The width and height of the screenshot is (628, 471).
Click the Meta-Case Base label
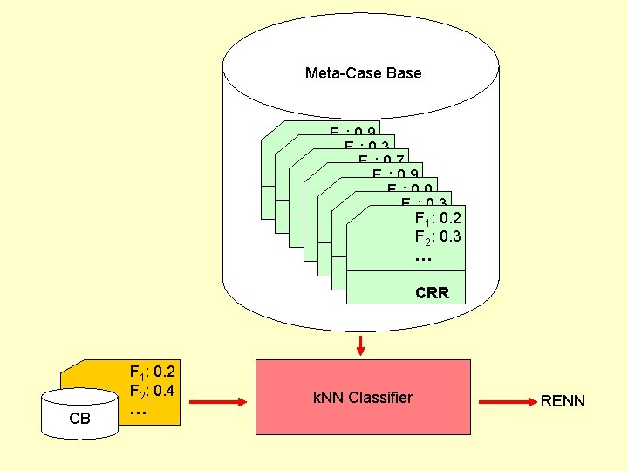point(363,73)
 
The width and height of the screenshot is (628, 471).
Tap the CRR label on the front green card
point(432,293)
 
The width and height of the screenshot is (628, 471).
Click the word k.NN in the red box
point(328,399)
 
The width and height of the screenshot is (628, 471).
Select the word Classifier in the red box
point(379,399)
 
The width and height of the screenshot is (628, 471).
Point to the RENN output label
point(563,401)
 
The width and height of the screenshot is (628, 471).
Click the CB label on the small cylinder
point(79,419)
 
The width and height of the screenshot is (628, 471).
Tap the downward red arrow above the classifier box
point(360,345)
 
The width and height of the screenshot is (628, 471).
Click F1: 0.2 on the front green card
point(439,218)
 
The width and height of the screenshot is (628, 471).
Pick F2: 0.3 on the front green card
point(439,236)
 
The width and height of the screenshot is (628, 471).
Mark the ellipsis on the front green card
point(423,258)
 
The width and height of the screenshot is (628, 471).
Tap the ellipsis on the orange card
point(137,411)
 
